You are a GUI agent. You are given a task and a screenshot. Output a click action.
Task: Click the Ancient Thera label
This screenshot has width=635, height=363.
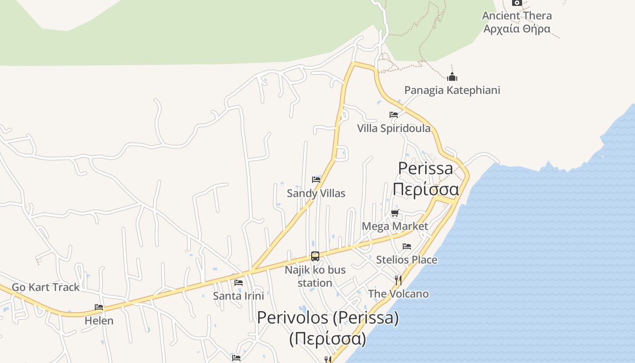point(517,16)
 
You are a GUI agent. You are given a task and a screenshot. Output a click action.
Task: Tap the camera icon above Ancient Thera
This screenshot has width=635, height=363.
point(517,2)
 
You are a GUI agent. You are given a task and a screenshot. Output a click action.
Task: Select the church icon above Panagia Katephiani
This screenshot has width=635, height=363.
point(452,77)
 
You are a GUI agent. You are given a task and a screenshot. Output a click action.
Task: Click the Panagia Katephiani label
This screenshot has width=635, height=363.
point(452,90)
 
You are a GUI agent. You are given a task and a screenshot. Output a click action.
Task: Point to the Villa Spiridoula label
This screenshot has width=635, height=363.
point(394,128)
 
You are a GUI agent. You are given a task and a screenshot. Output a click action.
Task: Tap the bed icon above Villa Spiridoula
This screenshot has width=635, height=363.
point(394,115)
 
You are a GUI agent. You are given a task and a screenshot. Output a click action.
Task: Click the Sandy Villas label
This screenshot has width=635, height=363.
point(316,193)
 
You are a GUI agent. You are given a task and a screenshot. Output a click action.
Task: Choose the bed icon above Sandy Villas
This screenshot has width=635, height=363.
point(316,180)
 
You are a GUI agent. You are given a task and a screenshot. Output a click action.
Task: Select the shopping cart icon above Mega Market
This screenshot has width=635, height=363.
point(395,213)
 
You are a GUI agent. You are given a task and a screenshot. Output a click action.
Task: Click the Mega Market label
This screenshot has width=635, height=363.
point(395,226)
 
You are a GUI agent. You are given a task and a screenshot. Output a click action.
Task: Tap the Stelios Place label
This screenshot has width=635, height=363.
point(407,260)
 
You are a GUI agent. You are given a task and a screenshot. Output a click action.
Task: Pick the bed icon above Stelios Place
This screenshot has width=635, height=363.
point(407,246)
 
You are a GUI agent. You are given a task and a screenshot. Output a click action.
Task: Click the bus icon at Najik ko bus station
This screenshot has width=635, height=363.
point(315,256)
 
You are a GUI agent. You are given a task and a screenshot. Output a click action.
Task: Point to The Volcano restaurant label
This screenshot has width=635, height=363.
point(398,294)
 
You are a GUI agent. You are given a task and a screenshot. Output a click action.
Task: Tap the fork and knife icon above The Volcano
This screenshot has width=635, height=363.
point(398,280)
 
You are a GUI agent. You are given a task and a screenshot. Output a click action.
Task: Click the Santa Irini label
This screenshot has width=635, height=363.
point(239,296)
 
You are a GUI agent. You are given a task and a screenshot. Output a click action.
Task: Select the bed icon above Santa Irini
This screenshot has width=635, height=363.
point(239,283)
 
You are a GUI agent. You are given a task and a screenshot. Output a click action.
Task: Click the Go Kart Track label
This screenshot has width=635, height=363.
point(45,287)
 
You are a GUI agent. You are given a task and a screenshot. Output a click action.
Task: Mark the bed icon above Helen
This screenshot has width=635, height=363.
point(99,307)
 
